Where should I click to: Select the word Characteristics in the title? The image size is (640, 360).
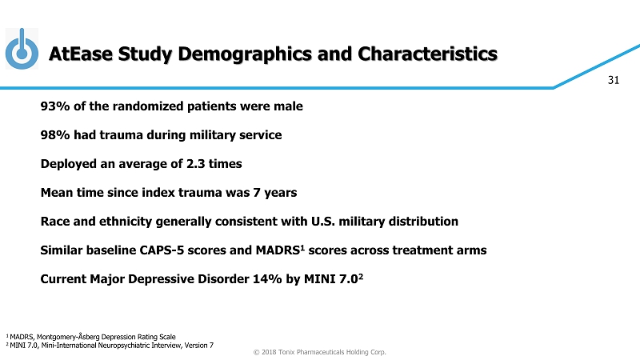point(429,54)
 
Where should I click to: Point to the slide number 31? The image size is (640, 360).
point(614,79)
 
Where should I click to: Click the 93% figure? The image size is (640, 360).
point(54,106)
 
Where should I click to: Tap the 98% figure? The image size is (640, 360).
point(54,135)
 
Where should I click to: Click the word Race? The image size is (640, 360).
point(55,221)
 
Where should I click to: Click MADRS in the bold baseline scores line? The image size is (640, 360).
point(277,250)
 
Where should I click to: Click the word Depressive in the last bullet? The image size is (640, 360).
point(154,279)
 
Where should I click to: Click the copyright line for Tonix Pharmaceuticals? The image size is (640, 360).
point(319,352)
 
